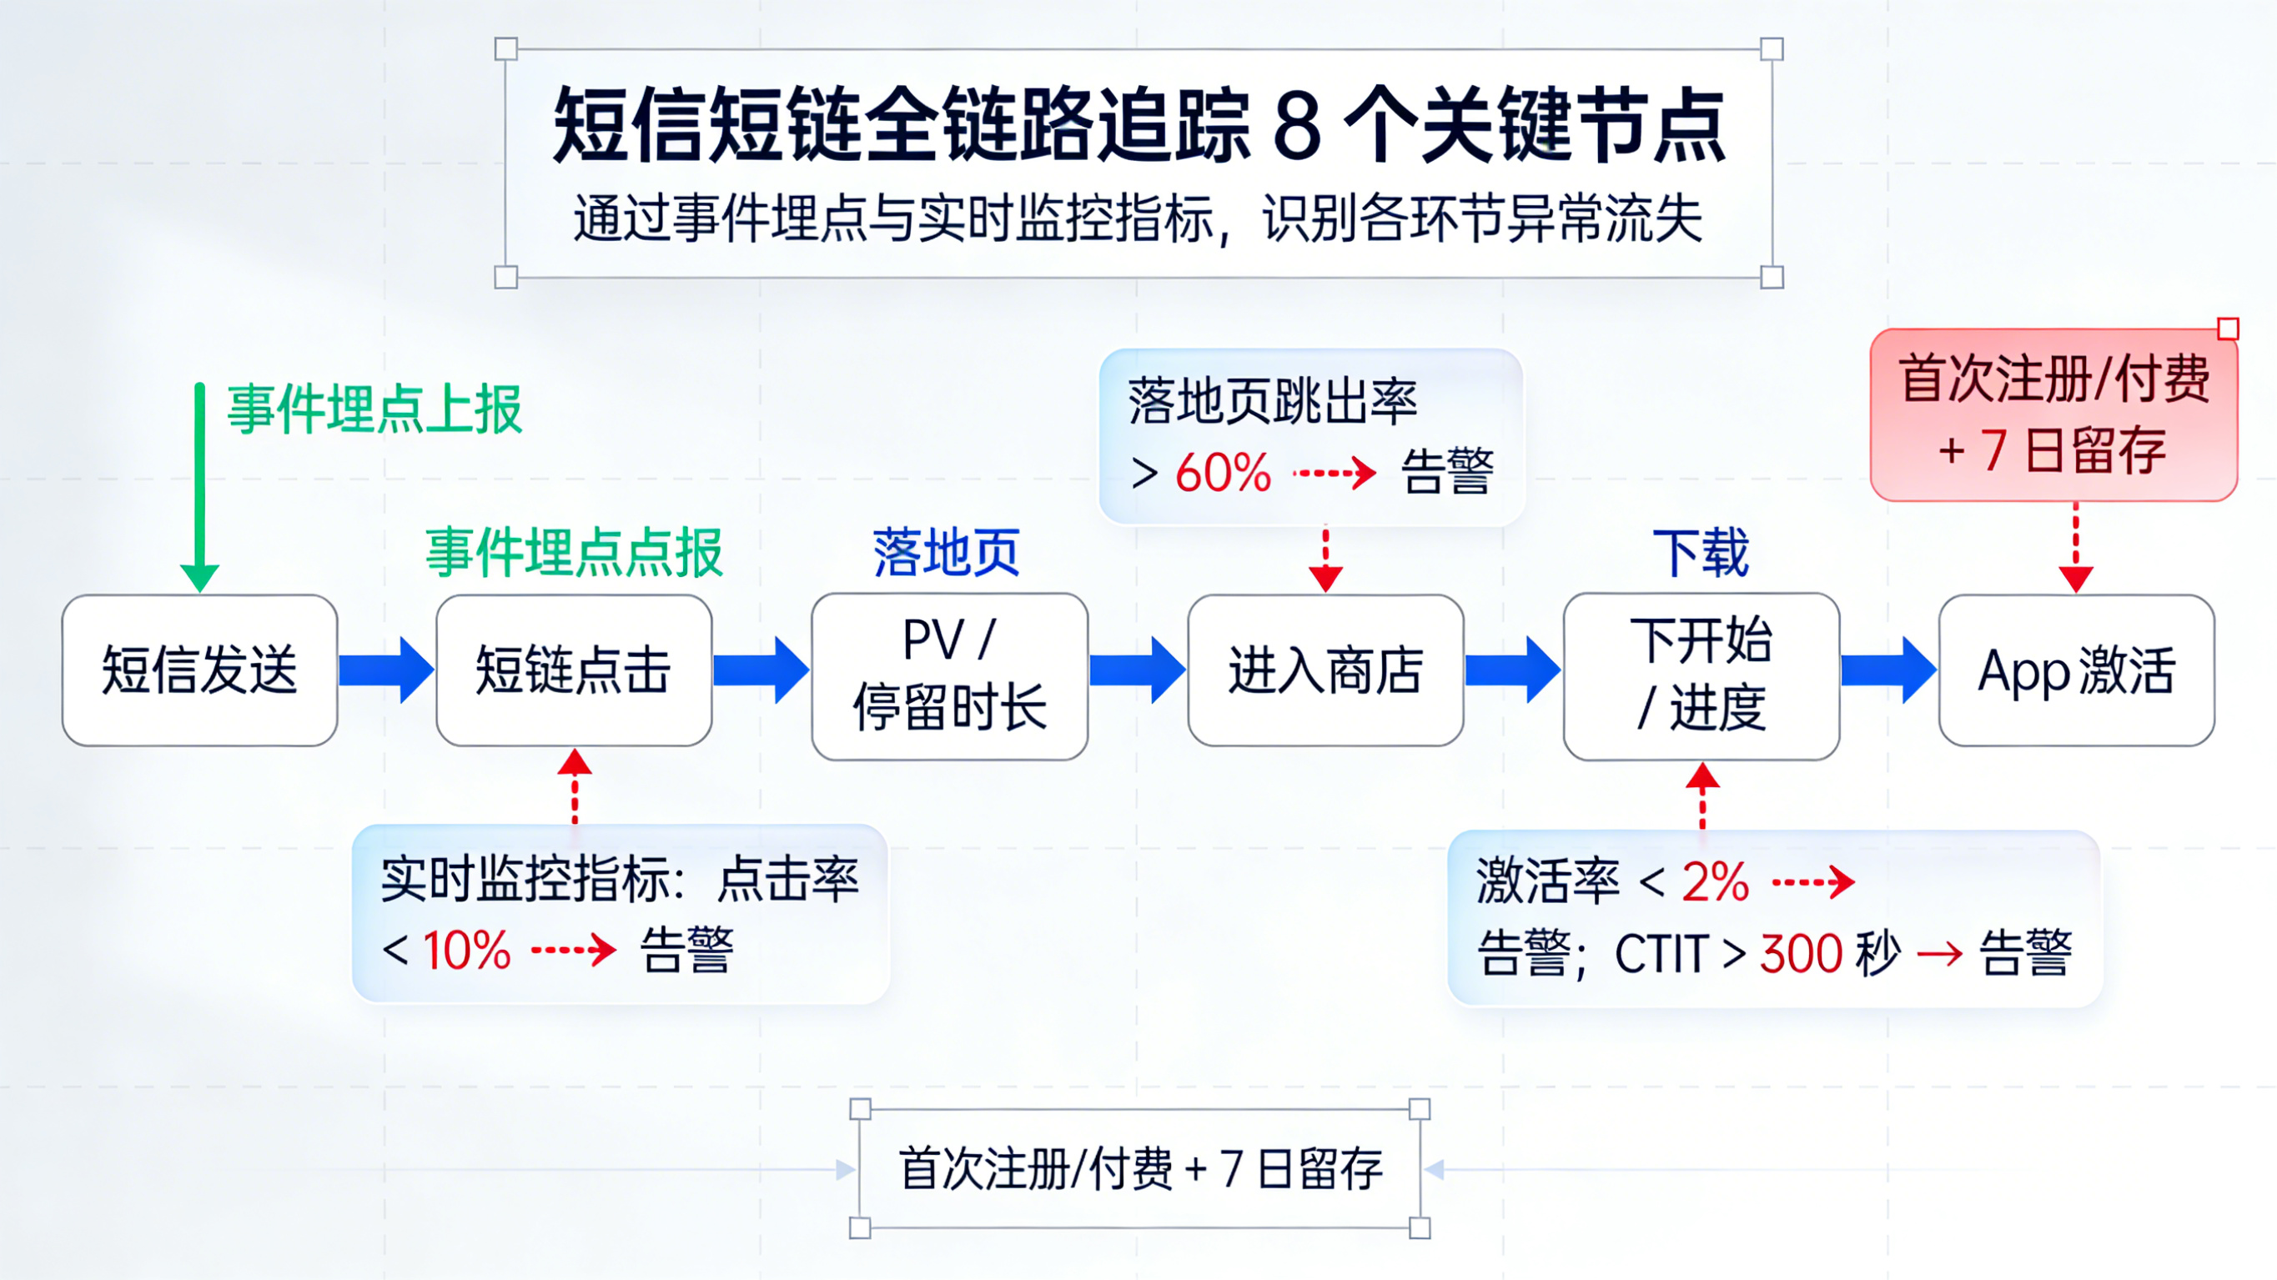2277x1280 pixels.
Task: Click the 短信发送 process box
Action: point(200,670)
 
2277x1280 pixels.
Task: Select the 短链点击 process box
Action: point(574,670)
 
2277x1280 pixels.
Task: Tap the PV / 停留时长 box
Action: point(949,676)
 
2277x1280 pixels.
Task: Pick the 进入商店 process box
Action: point(1325,670)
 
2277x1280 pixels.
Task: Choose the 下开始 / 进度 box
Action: point(1701,676)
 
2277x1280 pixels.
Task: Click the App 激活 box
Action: point(2076,670)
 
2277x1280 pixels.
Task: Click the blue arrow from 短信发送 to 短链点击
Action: point(386,670)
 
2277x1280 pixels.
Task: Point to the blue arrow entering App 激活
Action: point(1888,670)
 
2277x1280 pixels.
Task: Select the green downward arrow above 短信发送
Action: point(201,486)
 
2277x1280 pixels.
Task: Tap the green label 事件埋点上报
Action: point(374,410)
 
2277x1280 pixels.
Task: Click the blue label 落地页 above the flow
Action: point(947,554)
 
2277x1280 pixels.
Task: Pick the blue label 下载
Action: point(1701,554)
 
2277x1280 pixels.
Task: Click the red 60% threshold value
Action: point(1223,473)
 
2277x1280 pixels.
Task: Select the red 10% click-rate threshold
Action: point(467,951)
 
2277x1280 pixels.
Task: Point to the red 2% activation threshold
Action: point(1715,882)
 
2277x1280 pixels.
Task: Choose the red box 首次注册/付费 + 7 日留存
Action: point(2053,414)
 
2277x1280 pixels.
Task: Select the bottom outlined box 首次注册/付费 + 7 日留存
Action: point(1139,1168)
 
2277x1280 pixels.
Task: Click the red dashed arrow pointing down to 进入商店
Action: point(1325,559)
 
